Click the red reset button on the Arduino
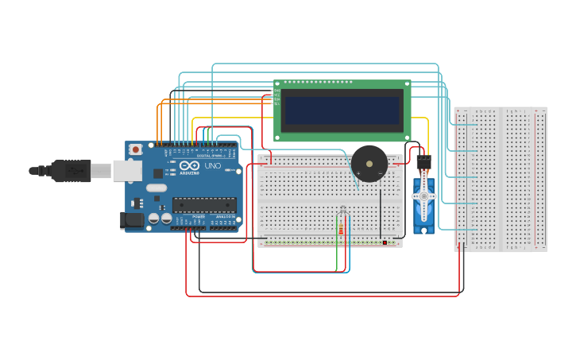click(136, 149)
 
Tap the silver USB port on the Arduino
click(125, 170)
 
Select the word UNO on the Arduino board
click(212, 166)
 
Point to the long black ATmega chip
click(204, 205)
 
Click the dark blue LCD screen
click(342, 110)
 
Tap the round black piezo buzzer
click(369, 165)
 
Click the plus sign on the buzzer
click(358, 172)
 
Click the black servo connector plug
click(423, 161)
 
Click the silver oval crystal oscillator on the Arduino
click(157, 188)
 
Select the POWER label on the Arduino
click(199, 216)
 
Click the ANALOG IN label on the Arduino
click(225, 216)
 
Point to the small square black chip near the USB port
click(157, 172)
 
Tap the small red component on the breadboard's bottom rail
click(385, 242)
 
